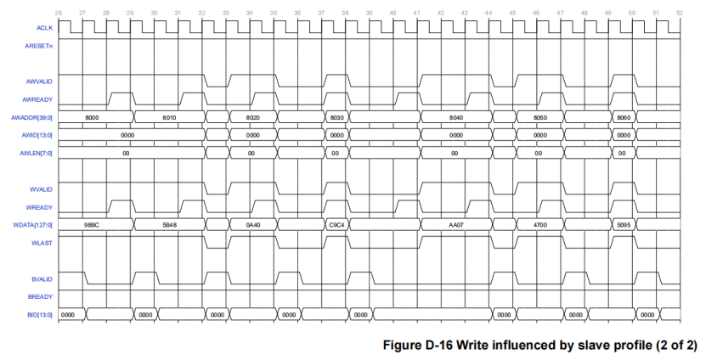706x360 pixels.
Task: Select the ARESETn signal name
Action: point(40,45)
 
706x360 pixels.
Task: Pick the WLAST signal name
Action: point(43,243)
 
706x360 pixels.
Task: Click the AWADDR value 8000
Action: point(93,116)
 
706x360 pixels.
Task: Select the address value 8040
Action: point(455,116)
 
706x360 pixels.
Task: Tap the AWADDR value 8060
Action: point(624,116)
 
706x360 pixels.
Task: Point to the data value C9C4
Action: point(336,225)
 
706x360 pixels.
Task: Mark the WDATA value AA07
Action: point(455,225)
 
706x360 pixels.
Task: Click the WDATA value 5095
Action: point(624,225)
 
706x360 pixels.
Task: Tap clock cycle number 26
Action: point(58,13)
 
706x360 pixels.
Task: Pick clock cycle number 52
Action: point(679,13)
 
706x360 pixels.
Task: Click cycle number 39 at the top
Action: point(369,13)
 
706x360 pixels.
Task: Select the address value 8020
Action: point(251,116)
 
